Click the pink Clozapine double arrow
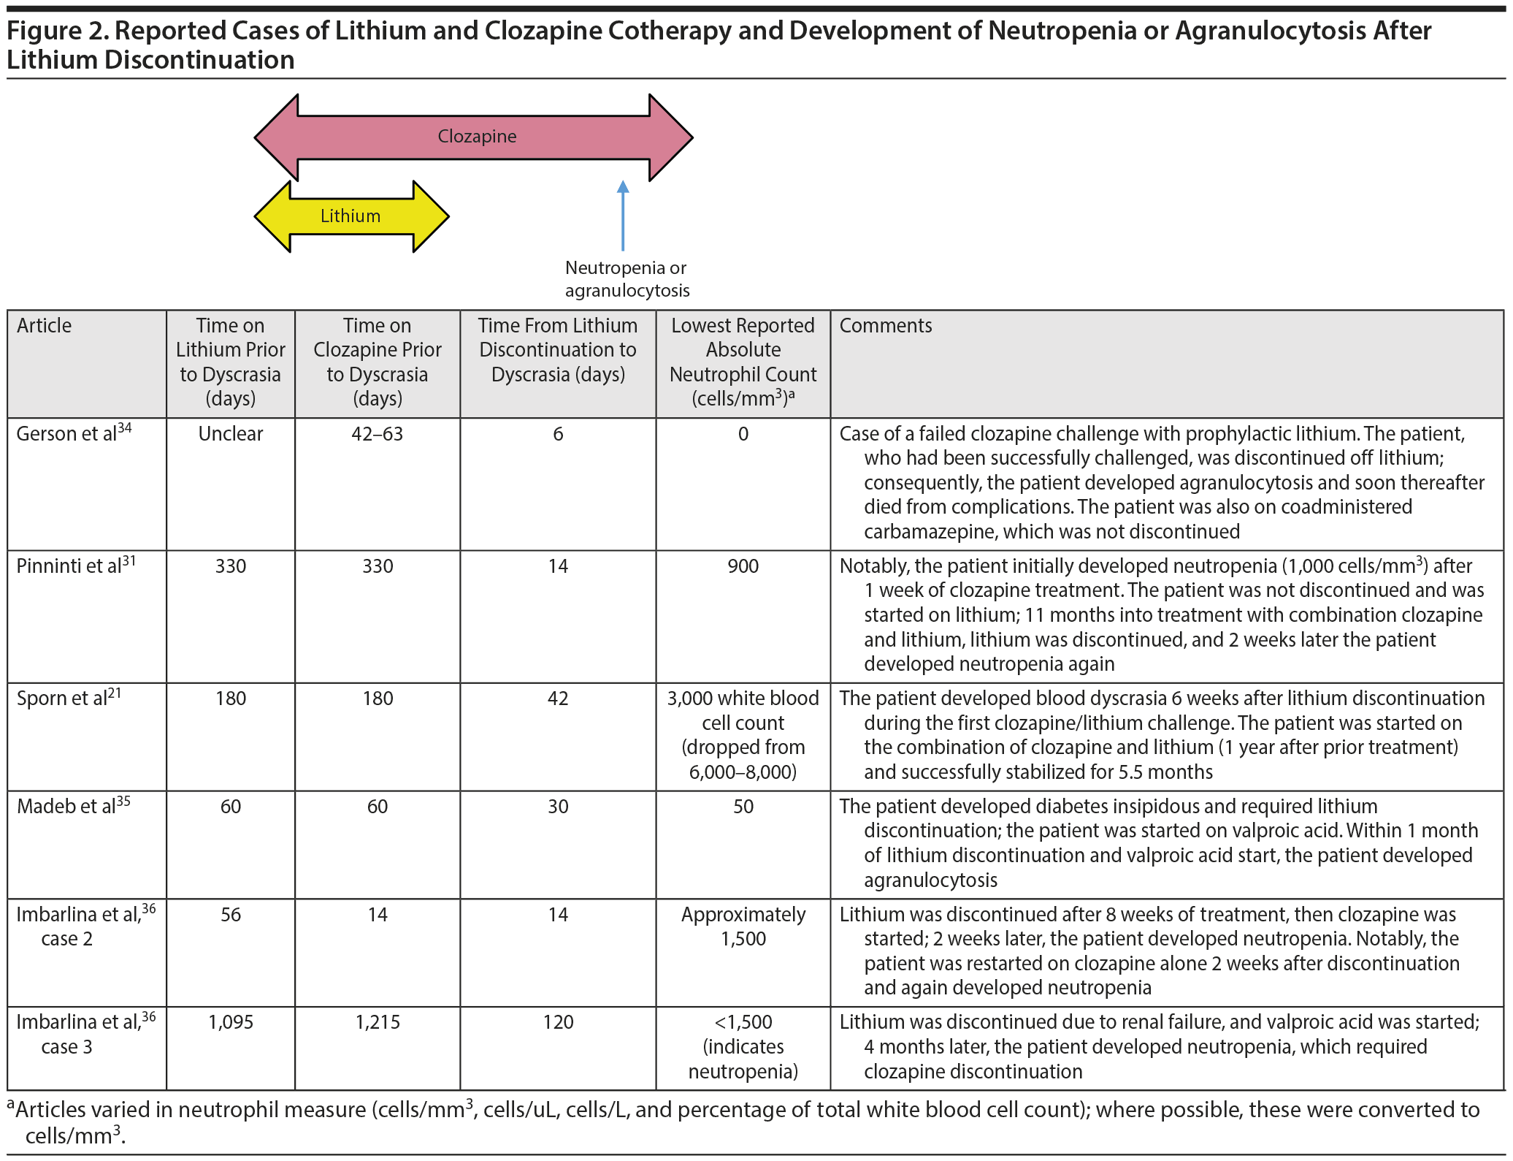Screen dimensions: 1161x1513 (x=475, y=137)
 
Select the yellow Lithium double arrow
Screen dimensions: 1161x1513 (x=351, y=216)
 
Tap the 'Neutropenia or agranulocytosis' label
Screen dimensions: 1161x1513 (x=627, y=279)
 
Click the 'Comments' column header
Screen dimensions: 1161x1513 (x=885, y=326)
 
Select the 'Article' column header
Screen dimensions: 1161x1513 (x=45, y=326)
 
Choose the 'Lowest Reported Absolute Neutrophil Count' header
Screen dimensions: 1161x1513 (x=743, y=362)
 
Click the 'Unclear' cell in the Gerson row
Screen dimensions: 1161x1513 (x=231, y=434)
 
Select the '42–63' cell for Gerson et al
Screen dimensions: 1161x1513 (x=377, y=434)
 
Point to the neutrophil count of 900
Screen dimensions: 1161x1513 (x=743, y=566)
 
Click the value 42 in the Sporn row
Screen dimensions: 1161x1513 (x=558, y=698)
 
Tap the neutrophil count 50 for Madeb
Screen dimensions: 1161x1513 (x=743, y=807)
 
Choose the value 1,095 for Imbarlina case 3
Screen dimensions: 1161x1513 (x=231, y=1022)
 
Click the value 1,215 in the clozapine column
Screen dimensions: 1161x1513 (x=377, y=1022)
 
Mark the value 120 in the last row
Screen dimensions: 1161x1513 (x=558, y=1022)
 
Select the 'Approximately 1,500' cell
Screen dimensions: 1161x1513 (x=743, y=926)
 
